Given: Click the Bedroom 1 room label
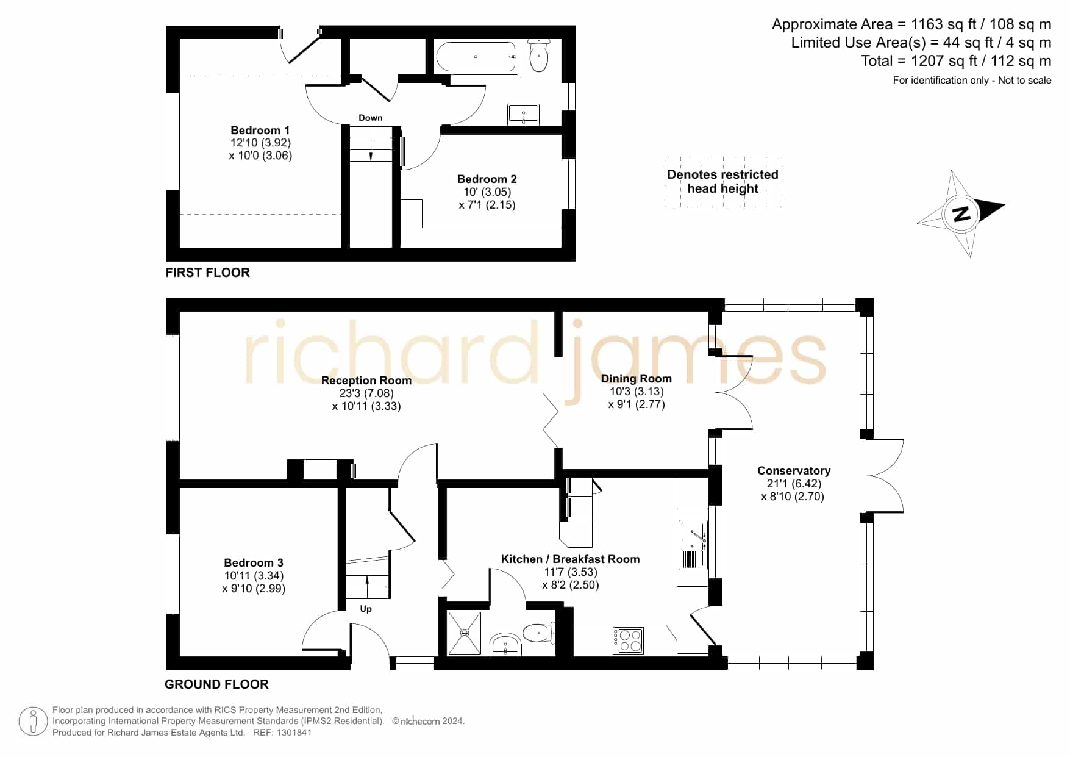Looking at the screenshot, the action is click(260, 130).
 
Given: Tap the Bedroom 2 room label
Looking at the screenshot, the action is click(487, 179).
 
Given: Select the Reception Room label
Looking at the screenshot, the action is click(366, 380).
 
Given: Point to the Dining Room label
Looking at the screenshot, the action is click(637, 379).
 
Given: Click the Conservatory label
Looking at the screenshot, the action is click(794, 470).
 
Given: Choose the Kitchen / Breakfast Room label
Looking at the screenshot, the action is click(571, 559).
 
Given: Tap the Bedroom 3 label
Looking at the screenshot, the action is click(254, 562).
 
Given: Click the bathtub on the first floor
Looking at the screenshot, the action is click(477, 57).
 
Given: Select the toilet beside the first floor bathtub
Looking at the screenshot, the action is click(539, 56).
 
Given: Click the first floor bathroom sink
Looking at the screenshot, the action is click(524, 114).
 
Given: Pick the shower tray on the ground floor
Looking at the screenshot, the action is click(465, 633).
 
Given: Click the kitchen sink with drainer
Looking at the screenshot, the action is click(693, 545).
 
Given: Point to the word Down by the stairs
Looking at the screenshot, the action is click(371, 118).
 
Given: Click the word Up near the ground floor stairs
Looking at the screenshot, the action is click(366, 609).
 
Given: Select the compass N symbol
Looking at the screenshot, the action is click(961, 213).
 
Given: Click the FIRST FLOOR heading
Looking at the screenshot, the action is click(208, 273).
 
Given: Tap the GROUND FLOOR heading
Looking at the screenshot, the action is click(217, 684).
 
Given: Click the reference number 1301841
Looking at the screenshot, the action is click(295, 733).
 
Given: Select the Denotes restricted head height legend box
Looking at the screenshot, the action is click(723, 182).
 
